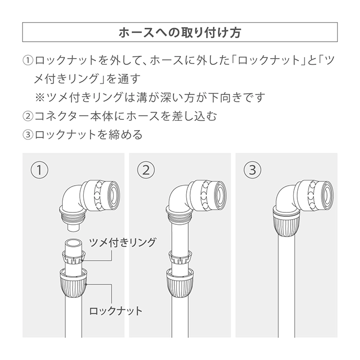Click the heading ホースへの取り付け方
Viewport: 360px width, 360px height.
click(180, 32)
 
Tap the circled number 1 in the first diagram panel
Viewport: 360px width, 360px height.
click(40, 170)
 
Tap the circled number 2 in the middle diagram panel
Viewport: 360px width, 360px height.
click(146, 170)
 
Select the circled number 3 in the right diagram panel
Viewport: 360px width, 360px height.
click(253, 170)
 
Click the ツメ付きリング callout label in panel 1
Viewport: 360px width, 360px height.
click(122, 243)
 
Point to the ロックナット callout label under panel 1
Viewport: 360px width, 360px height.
click(116, 311)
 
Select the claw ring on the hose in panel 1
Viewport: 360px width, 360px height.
click(73, 257)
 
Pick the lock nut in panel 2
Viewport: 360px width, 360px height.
click(180, 283)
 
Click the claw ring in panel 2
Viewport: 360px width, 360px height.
click(180, 257)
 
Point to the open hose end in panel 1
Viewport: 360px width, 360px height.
click(73, 243)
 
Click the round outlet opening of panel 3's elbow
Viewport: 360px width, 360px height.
click(327, 195)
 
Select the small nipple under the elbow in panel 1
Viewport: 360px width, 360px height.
click(73, 228)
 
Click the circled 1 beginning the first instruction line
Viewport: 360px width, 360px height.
click(28, 60)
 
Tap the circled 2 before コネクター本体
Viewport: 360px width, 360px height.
click(28, 116)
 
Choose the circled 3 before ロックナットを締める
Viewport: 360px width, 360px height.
click(28, 135)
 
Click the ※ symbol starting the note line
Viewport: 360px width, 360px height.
click(40, 97)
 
